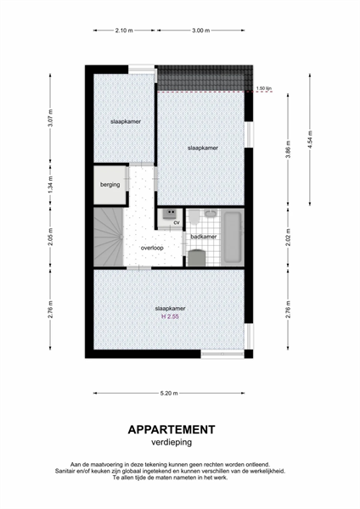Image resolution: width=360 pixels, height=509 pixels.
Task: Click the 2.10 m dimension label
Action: (x=124, y=31)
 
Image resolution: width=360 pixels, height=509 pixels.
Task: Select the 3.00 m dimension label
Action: (x=200, y=31)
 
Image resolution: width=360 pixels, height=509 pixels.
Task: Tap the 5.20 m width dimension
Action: (x=169, y=393)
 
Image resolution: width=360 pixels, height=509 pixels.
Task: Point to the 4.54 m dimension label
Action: (x=310, y=140)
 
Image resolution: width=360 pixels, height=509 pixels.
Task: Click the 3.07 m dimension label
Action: (x=50, y=119)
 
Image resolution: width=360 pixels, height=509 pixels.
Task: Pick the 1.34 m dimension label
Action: (x=50, y=185)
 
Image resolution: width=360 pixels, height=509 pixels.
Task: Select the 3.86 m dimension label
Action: (x=288, y=149)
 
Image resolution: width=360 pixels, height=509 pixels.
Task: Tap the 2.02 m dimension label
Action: (x=288, y=238)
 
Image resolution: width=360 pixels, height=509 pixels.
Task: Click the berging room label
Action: (x=110, y=185)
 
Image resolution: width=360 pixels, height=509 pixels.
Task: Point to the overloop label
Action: (x=152, y=248)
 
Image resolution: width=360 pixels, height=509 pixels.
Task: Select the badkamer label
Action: (x=204, y=237)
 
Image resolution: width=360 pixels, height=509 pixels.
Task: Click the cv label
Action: (x=177, y=222)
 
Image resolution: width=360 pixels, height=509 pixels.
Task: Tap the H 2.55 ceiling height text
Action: (x=171, y=316)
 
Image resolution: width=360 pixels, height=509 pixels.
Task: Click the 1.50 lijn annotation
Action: (x=264, y=88)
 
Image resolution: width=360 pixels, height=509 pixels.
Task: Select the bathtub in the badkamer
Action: (x=232, y=238)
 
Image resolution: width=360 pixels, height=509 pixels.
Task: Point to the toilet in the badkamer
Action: (x=194, y=216)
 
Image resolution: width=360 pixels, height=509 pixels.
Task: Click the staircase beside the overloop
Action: (x=109, y=237)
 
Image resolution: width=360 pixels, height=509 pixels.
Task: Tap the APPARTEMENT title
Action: (x=172, y=429)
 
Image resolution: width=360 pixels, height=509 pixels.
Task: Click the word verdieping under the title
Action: (x=172, y=443)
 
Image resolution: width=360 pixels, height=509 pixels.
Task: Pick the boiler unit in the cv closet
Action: (x=170, y=214)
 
